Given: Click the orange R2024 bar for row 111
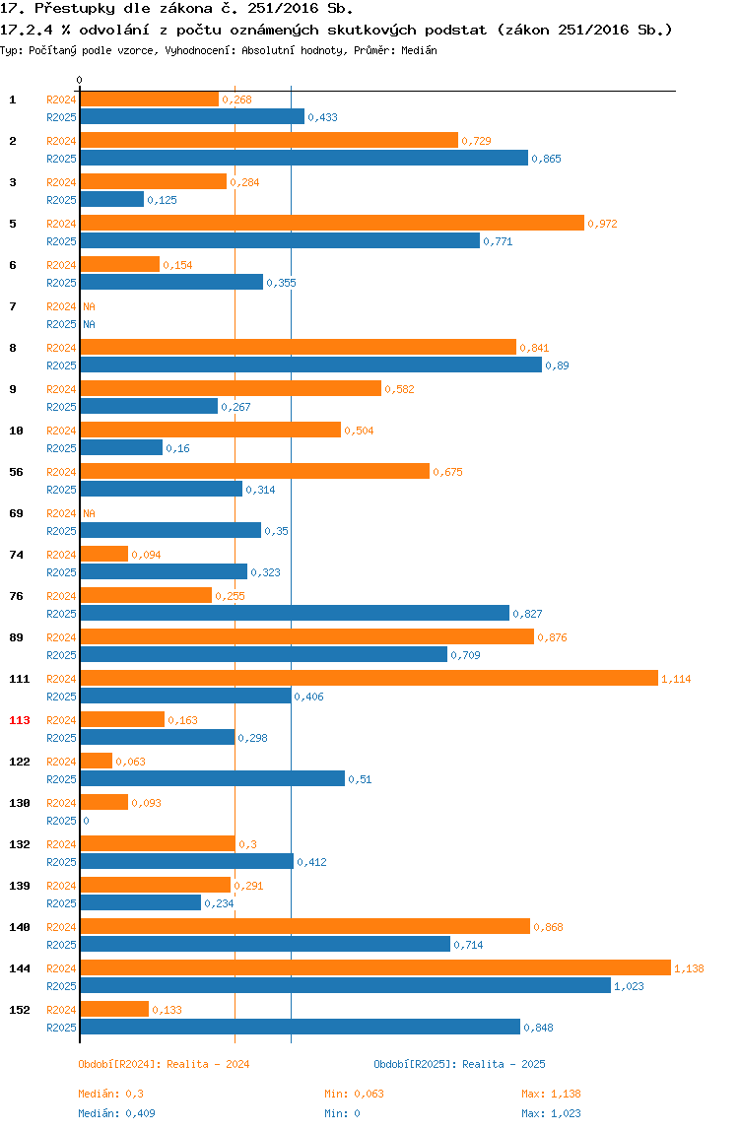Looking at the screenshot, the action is click(369, 678).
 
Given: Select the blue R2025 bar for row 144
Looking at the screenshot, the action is click(346, 985).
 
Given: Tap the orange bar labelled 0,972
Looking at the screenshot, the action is click(332, 223).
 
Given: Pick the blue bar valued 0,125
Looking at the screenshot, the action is click(112, 199).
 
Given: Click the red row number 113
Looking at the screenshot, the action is click(20, 720).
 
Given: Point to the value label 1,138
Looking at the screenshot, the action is click(689, 968).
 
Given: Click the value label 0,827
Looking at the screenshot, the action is click(527, 614).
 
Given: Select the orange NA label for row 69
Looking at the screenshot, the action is click(89, 513).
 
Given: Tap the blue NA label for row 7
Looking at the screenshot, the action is click(89, 324).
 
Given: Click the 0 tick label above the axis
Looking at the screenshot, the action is click(80, 80).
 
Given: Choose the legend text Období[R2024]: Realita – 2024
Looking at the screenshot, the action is click(164, 1064).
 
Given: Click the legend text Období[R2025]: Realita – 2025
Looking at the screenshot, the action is click(460, 1064).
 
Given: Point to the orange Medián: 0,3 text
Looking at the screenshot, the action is click(111, 1094).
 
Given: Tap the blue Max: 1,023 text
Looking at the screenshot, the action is click(552, 1113).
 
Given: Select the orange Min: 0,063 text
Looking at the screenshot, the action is click(355, 1094).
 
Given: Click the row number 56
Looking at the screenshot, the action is click(16, 472).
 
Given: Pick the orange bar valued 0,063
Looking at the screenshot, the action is click(96, 761).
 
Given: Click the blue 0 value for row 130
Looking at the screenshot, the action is click(86, 821).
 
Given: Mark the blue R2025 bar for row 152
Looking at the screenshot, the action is click(301, 1027).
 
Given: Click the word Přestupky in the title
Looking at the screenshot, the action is click(74, 9).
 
